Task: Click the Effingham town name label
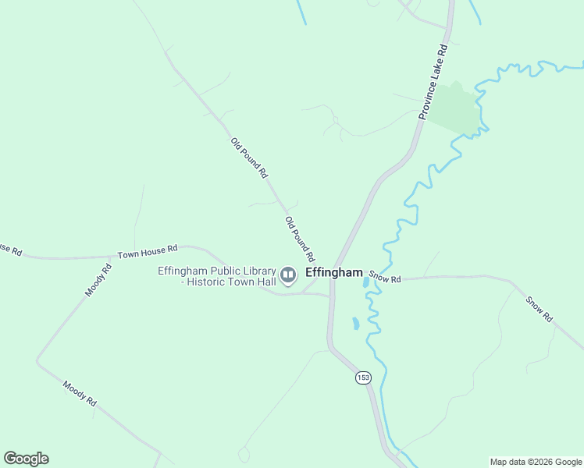[334, 272]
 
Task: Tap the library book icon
[288, 274]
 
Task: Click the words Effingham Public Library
[217, 271]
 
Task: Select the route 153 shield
[362, 378]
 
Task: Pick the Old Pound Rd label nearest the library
[300, 239]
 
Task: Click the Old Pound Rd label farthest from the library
[248, 158]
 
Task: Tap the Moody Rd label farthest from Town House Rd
[80, 393]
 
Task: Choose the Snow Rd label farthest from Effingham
[539, 309]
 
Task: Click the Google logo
[26, 459]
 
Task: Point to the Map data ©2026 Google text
[536, 462]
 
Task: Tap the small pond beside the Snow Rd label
[366, 282]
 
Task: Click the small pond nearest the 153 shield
[356, 323]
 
